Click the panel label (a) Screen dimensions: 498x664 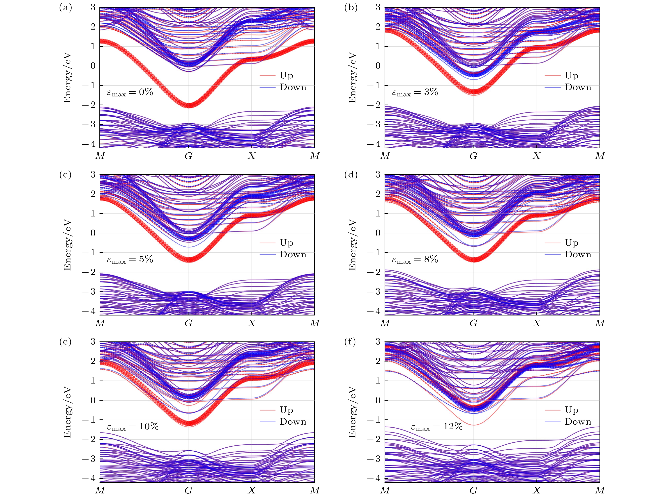pyautogui.click(x=65, y=8)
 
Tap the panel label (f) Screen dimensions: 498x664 pyautogui.click(x=350, y=342)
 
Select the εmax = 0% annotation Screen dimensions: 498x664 pyautogui.click(x=130, y=92)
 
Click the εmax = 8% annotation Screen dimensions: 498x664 pyautogui.click(x=415, y=259)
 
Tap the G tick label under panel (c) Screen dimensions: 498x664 pyautogui.click(x=189, y=323)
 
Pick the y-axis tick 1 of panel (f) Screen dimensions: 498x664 pyautogui.click(x=378, y=381)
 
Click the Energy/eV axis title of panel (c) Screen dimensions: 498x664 pyautogui.click(x=67, y=245)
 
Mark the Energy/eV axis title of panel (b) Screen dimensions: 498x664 pyautogui.click(x=352, y=78)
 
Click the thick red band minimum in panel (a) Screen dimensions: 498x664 pyautogui.click(x=189, y=105)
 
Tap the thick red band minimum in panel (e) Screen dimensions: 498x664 pyautogui.click(x=189, y=423)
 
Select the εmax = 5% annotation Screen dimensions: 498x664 pyautogui.click(x=130, y=259)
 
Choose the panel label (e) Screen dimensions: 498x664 pyautogui.click(x=65, y=342)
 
